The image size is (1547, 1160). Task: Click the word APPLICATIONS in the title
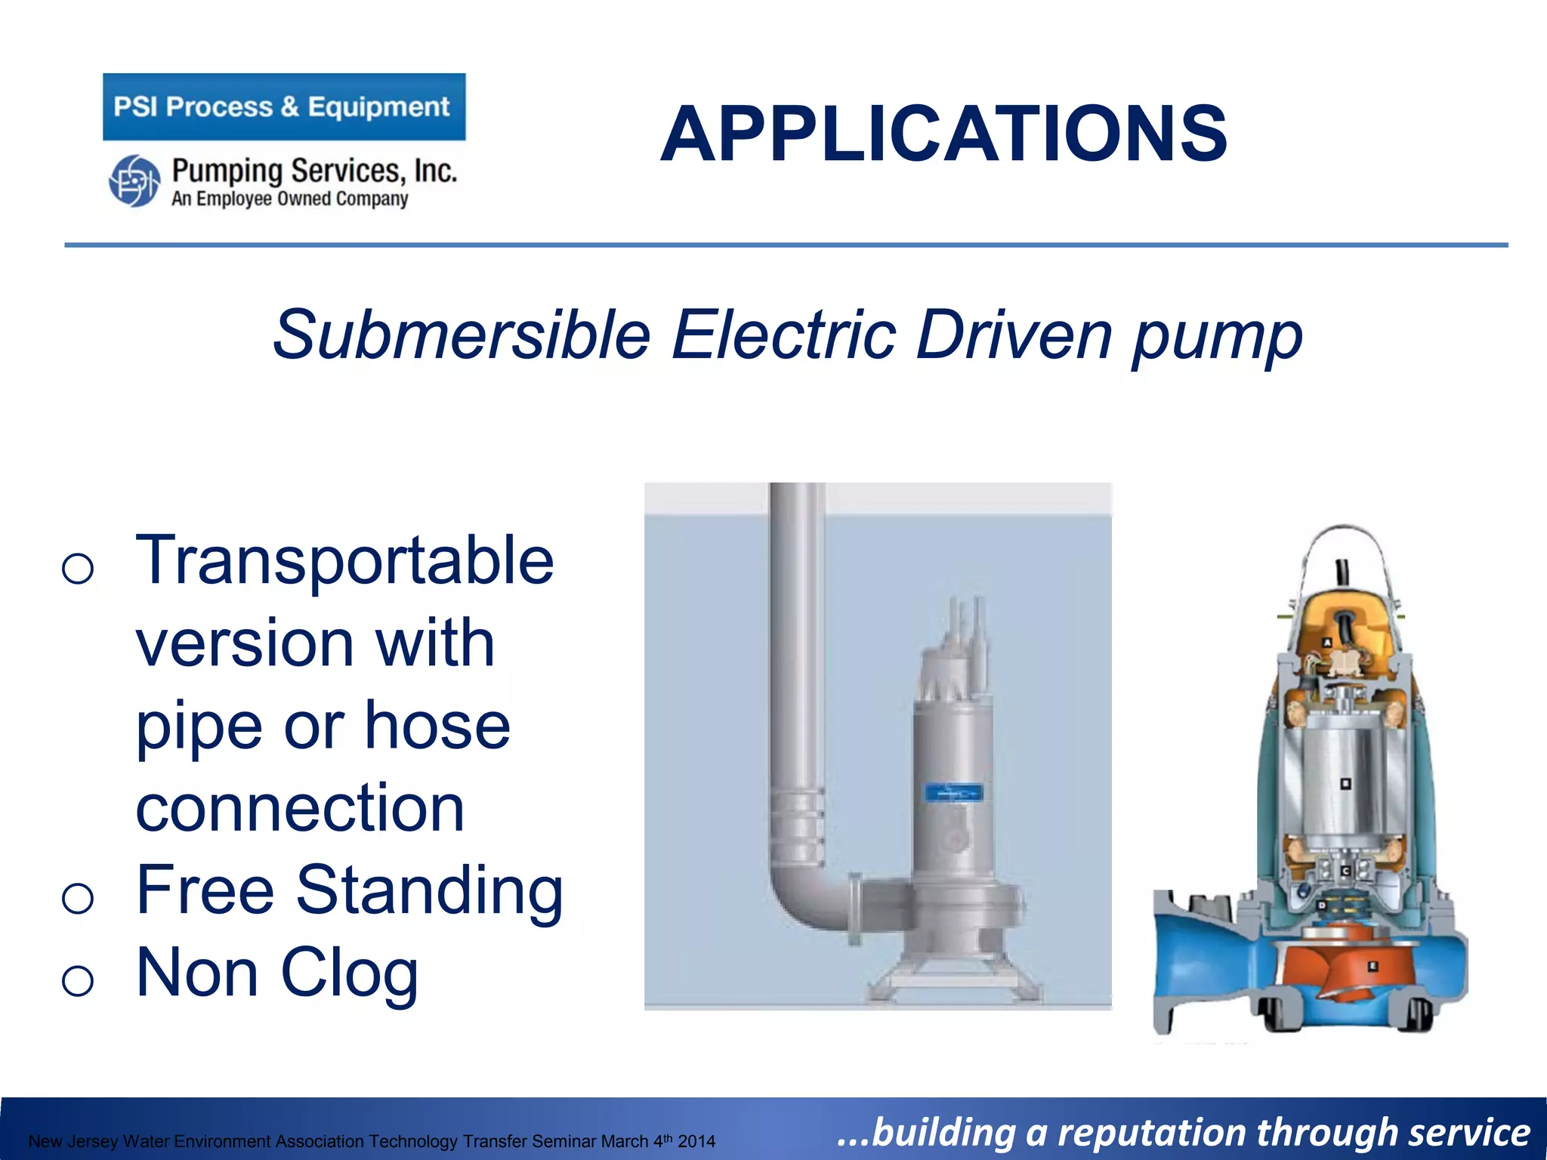pos(943,134)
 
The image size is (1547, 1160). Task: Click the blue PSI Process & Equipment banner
pos(284,106)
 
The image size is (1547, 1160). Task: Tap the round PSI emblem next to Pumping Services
pos(134,180)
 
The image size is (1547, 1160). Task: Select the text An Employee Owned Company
pos(289,199)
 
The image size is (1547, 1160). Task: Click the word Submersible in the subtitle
pos(462,335)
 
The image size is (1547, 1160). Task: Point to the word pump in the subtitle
pos(1218,338)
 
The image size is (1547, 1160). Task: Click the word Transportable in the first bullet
pos(344,560)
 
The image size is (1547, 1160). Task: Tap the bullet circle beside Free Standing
pos(78,898)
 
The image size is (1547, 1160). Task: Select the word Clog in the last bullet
pos(349,973)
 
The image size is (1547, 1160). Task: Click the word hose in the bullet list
pos(437,726)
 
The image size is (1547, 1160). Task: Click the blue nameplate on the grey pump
pos(954,792)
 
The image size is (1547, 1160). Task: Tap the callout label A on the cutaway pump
pos(1327,643)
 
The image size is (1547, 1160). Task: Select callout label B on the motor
pos(1345,784)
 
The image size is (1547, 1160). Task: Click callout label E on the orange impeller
pos(1373,966)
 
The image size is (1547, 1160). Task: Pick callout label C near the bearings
pos(1345,871)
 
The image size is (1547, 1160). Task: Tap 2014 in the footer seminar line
pos(696,1141)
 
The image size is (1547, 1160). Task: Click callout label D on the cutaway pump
pos(1322,905)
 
